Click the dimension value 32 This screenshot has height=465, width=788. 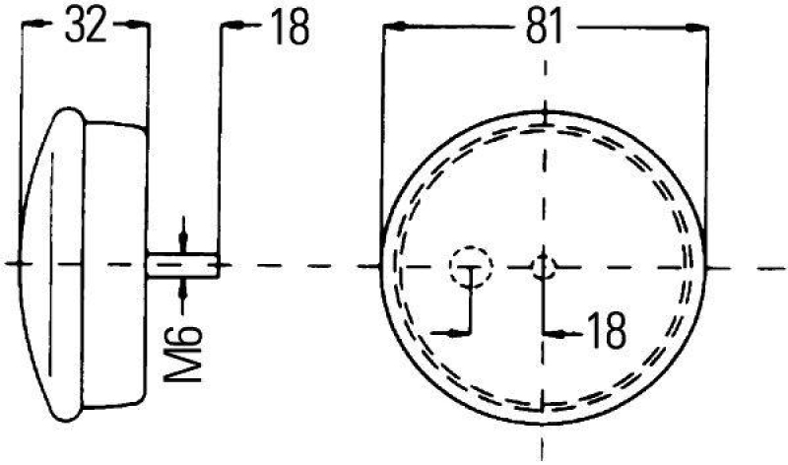pos(85,29)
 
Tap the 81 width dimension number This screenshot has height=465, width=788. pos(546,29)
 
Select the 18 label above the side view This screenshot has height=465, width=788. pos(288,29)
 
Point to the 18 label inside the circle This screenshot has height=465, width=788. pos(604,333)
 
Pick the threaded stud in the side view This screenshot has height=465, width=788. pos(181,264)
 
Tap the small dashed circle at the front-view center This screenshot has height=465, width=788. pos(545,265)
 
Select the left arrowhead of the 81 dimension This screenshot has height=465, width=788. pos(389,29)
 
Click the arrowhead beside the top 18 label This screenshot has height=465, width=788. pos(229,29)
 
